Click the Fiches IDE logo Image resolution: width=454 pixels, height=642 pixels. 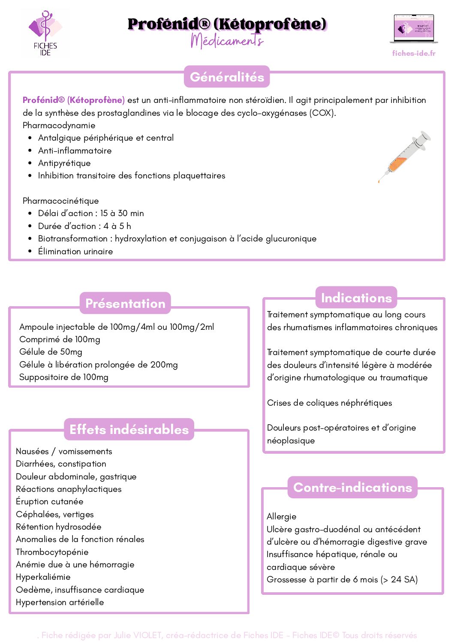pos(45,33)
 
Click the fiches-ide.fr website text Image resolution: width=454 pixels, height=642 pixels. pos(414,53)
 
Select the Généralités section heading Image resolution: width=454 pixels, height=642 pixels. pos(227,77)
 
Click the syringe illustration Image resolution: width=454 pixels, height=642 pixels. pos(404,157)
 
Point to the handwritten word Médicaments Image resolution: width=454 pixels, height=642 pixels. pos(227,41)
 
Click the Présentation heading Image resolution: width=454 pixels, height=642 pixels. pos(125,303)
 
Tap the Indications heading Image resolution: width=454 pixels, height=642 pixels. pos(356,298)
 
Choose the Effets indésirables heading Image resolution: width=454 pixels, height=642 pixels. pos(129,429)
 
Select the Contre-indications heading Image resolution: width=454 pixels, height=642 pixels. pos(352,487)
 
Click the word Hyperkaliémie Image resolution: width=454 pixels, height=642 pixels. pos(43,577)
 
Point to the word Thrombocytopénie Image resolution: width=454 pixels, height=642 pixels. pos(52,552)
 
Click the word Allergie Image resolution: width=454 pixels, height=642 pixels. pos(281,516)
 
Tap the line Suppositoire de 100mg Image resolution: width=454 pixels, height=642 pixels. pos(64,377)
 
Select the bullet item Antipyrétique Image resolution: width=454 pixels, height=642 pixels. pos(64,163)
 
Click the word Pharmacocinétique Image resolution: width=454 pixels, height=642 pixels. pos(60,201)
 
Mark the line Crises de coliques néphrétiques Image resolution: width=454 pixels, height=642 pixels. pos(329,403)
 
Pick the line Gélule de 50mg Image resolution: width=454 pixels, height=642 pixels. pos(51,352)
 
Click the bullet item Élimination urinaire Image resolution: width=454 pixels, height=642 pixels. pos(75,251)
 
